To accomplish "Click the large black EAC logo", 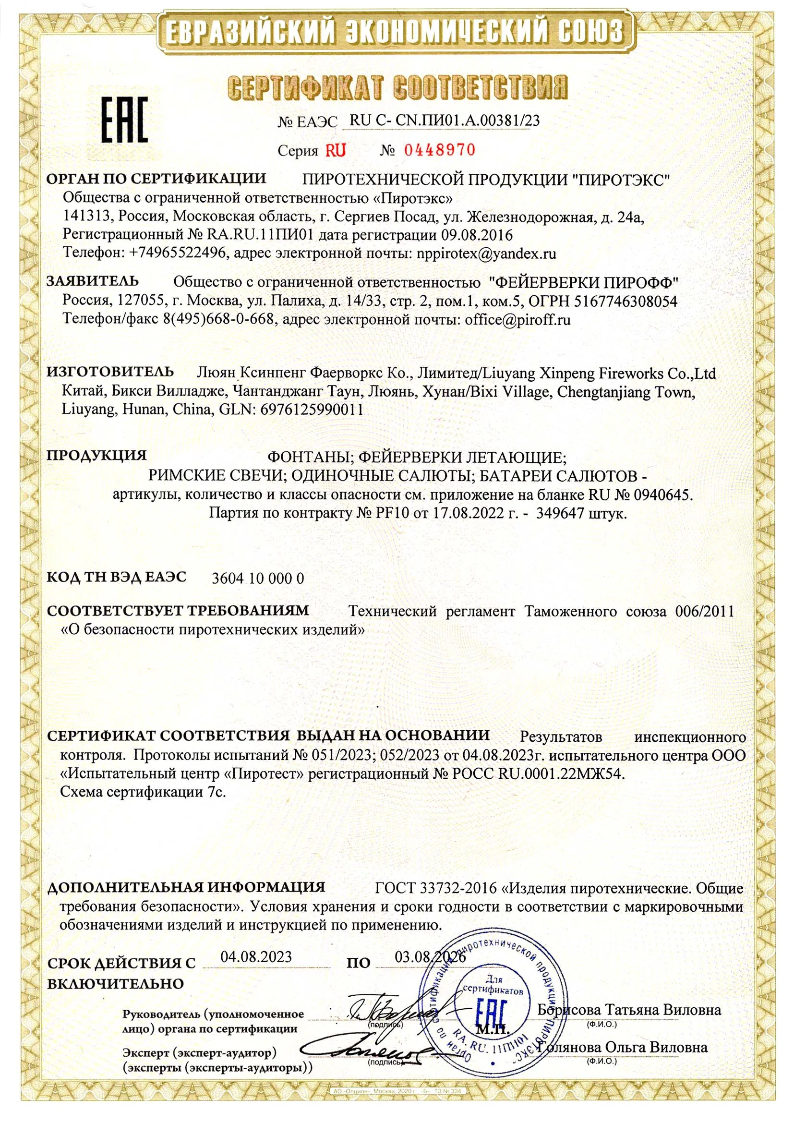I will [x=124, y=120].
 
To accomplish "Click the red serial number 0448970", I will [x=439, y=150].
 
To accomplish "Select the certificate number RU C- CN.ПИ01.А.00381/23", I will [x=445, y=121].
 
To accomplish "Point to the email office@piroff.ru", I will [x=518, y=320].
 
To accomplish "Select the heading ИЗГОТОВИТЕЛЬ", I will [x=110, y=371].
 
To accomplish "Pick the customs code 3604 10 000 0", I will [x=258, y=578].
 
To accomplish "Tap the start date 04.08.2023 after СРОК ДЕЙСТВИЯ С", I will [x=256, y=956].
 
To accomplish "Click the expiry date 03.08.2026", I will [x=430, y=957].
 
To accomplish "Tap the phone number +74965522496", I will [x=180, y=254].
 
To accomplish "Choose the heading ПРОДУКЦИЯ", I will [x=96, y=455].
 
